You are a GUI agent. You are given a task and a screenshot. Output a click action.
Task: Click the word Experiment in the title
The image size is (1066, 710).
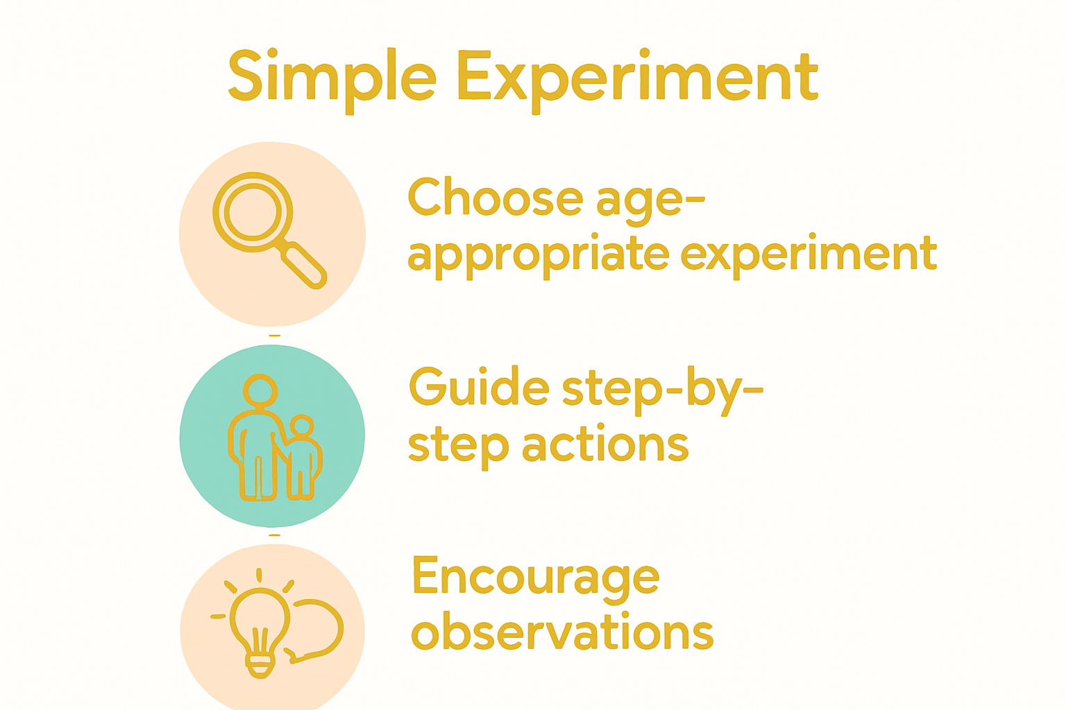(x=637, y=78)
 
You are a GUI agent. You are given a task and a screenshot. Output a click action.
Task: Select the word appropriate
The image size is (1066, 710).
(x=538, y=255)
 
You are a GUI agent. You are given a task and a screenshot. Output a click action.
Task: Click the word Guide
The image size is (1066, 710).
(x=479, y=387)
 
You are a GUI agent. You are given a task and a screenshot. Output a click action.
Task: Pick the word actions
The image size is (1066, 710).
(x=605, y=445)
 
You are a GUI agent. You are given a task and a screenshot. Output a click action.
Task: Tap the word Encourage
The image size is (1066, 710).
(x=536, y=577)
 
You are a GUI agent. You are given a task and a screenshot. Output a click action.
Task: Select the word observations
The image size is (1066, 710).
(x=562, y=632)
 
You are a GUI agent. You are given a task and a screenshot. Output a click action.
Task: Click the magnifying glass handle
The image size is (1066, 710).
(x=304, y=265)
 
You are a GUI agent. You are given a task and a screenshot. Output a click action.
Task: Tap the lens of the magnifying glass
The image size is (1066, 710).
(x=253, y=211)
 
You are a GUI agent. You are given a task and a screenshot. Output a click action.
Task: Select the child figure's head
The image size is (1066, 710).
(x=302, y=426)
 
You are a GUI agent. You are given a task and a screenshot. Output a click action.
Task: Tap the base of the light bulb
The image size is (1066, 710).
(x=260, y=663)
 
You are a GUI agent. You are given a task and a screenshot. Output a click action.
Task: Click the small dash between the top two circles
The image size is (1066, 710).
(x=275, y=336)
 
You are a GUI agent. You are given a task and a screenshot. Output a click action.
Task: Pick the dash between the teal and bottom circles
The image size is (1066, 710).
(x=275, y=535)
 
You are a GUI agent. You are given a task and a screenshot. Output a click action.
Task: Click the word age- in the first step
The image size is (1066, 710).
(x=650, y=201)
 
